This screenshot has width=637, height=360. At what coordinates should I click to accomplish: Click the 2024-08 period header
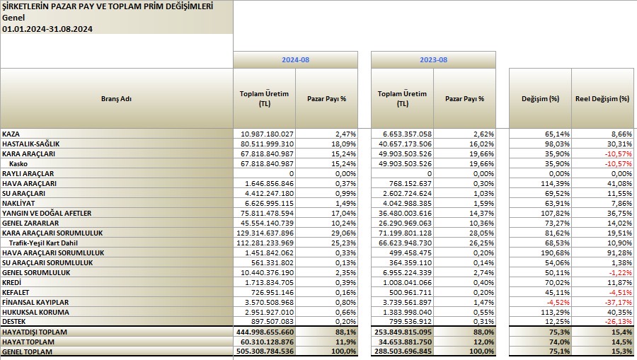tap(295, 59)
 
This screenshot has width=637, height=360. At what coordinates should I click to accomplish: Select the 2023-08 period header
tap(433, 59)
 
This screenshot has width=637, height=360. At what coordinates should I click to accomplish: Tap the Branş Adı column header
tap(116, 98)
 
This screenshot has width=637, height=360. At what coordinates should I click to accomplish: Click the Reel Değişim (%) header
tap(602, 98)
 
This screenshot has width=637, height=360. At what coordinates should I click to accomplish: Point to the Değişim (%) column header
tap(540, 98)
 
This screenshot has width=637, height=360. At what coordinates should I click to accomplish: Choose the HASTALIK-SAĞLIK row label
tap(31, 144)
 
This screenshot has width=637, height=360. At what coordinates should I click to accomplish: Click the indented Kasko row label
tap(18, 163)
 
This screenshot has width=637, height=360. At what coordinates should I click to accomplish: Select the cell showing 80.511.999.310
tap(267, 144)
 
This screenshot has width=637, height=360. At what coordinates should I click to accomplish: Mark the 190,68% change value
tap(557, 253)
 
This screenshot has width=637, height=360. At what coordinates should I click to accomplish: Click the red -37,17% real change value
tap(619, 303)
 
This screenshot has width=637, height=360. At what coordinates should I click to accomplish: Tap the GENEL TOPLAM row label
tap(27, 352)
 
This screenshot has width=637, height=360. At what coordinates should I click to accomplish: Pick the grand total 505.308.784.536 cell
tap(265, 352)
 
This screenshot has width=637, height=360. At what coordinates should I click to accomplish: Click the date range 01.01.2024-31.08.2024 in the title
tap(47, 29)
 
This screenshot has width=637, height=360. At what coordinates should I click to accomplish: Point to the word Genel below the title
tap(13, 18)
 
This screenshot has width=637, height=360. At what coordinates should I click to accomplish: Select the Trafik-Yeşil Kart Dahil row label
tap(43, 243)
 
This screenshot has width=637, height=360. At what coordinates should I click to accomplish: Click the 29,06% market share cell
tap(345, 233)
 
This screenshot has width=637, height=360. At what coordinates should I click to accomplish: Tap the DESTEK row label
tap(14, 321)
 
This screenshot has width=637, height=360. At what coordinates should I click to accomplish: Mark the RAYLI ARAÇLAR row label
tap(28, 173)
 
